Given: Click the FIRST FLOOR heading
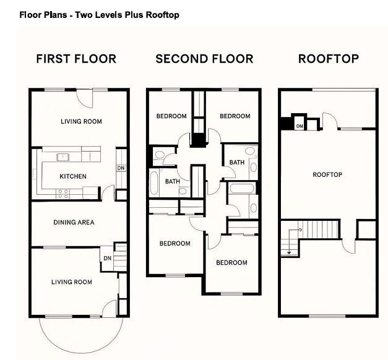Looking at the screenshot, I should pos(76,59).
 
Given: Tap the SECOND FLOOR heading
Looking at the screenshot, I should pos(204,59).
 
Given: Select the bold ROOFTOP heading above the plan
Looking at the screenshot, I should pos(328,59).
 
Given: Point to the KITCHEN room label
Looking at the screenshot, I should pos(73,177).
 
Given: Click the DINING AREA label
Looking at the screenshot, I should pos(73,222).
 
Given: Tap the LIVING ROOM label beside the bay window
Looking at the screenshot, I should pos(71,283).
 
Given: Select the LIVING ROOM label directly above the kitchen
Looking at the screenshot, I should pos(81,122).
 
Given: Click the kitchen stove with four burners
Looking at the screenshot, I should pos(63,192).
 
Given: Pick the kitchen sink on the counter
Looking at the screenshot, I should pos(64,156).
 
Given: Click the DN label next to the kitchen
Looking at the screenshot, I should pos(120,168).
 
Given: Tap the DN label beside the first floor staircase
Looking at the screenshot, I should pos(107,259).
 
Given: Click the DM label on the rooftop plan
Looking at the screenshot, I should pos(300,126).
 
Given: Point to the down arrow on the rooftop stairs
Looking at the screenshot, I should pos(288,251).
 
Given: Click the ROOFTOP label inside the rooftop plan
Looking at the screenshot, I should pos(327,175).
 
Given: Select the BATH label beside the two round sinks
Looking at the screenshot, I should pos(236,163).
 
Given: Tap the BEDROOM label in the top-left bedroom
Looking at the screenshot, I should pos(171,116).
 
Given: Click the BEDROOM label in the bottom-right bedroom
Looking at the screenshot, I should pos(231,263).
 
